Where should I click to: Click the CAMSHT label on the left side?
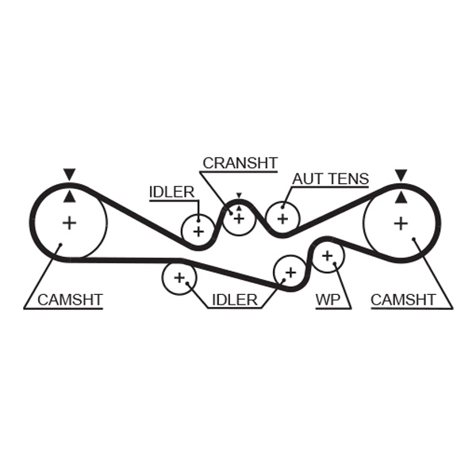tap(70, 300)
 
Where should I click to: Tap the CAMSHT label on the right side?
tap(403, 300)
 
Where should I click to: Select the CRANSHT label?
tap(240, 163)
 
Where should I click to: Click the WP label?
tap(328, 300)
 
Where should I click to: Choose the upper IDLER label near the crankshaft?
tap(171, 192)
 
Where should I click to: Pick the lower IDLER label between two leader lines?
tap(234, 300)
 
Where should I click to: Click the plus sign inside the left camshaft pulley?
tap(70, 223)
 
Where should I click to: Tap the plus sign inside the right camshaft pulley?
tap(401, 223)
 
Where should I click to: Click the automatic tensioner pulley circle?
tap(282, 218)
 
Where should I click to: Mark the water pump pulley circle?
tap(327, 255)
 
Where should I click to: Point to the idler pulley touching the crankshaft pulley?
tap(198, 231)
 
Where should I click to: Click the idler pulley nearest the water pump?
tap(290, 272)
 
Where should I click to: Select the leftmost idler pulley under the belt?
tap(178, 278)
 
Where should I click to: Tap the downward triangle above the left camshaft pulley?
tap(70, 174)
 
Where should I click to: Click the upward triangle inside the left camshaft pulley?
tap(70, 196)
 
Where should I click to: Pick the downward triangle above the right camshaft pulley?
tap(401, 174)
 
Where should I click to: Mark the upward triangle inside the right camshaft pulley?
tap(401, 196)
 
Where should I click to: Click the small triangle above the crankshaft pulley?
tap(238, 195)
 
